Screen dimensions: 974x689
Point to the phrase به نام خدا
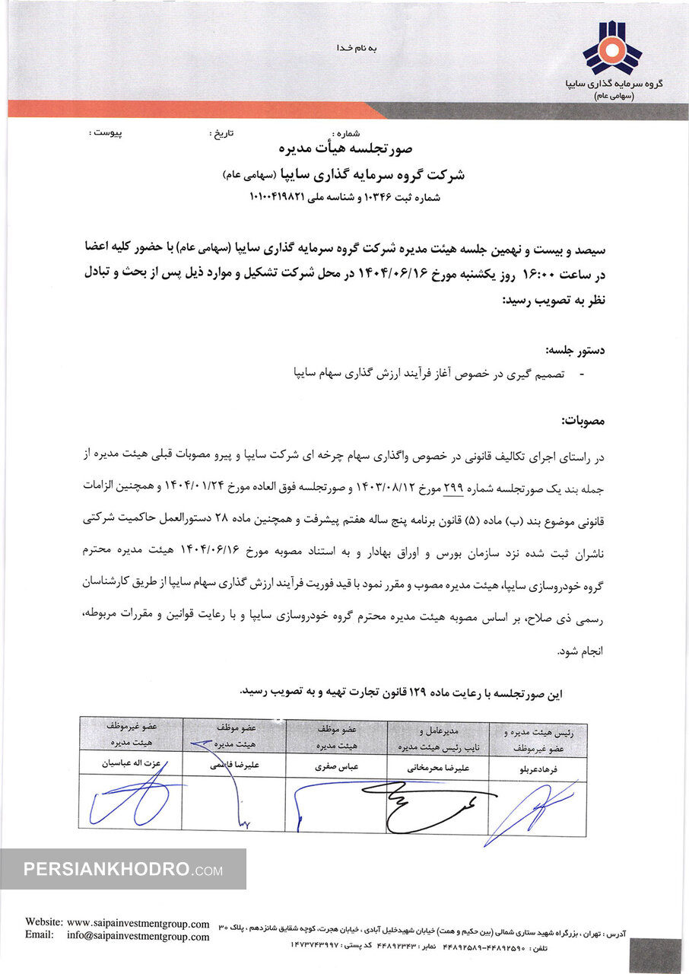click(356, 49)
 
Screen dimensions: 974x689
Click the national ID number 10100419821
click(277, 197)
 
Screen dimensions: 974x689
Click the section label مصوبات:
click(581, 421)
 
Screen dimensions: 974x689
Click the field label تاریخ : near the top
click(221, 133)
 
